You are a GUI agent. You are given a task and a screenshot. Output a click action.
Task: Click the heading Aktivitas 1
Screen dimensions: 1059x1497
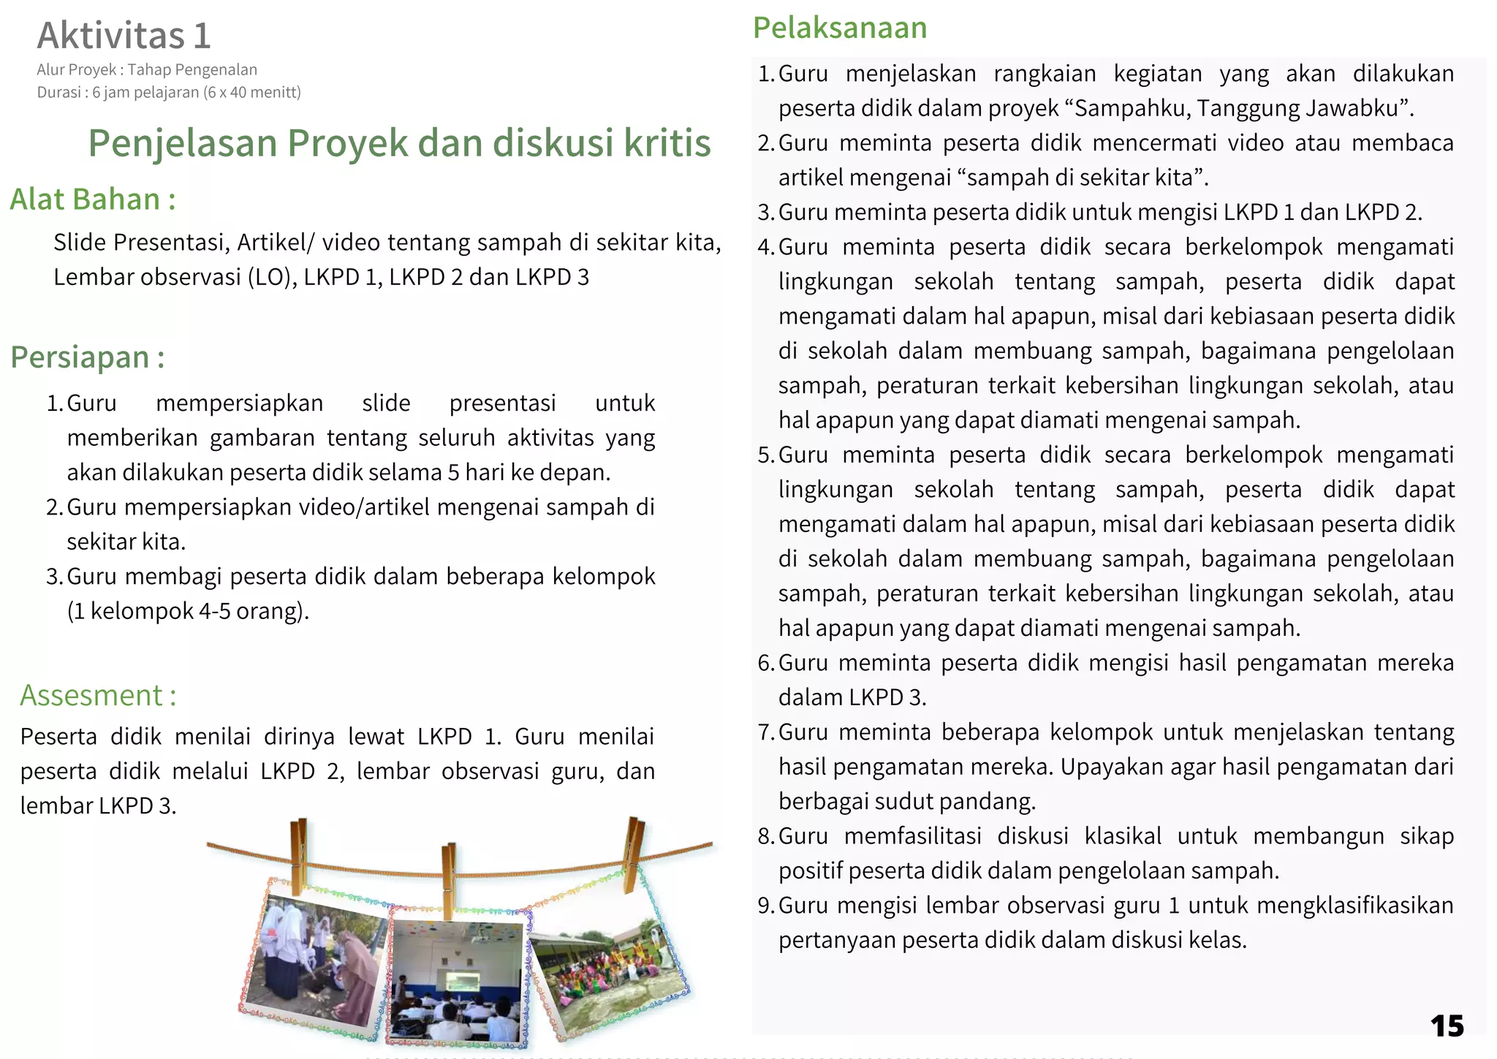coord(124,35)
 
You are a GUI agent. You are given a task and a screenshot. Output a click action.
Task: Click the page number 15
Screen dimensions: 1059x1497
coord(1447,1026)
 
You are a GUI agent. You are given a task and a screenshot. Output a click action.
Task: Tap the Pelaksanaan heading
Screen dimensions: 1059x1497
coord(840,28)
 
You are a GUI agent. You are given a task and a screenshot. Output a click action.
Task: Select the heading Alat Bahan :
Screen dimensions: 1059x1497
coord(93,200)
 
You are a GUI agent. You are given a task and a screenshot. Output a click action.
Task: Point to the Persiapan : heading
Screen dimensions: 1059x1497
coord(88,357)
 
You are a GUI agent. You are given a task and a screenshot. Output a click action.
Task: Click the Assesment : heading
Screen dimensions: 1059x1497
coord(98,695)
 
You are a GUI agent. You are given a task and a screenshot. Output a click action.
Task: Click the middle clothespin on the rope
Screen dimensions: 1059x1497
coord(449,877)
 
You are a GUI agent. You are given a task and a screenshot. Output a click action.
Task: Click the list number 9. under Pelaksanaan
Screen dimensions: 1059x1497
coord(765,906)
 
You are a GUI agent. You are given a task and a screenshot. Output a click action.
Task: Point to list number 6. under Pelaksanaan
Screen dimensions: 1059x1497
coord(765,663)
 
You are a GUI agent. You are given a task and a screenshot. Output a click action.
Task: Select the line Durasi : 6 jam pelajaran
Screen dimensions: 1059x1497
coord(169,93)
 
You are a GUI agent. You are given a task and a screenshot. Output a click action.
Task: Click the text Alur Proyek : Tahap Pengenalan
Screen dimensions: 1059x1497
coord(147,70)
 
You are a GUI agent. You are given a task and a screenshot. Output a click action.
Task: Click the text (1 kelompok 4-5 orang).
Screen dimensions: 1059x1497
coord(189,611)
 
